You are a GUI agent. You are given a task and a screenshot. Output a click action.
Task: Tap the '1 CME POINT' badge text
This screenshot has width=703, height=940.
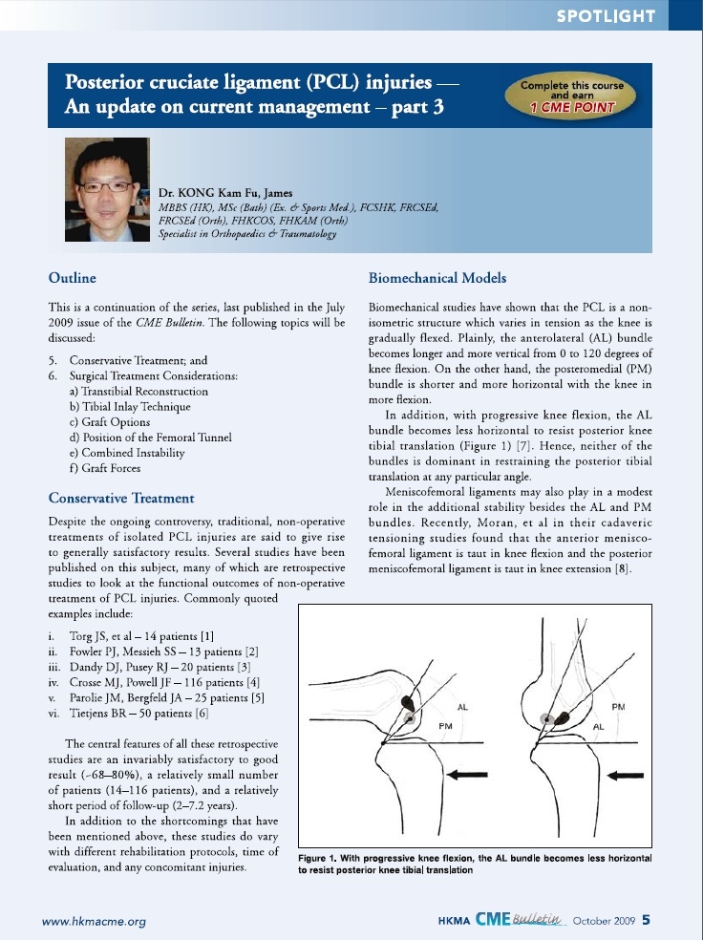(572, 108)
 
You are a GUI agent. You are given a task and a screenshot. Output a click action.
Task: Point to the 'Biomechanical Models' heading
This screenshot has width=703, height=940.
(437, 278)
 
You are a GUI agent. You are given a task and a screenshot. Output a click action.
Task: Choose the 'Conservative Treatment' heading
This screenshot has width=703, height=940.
(121, 498)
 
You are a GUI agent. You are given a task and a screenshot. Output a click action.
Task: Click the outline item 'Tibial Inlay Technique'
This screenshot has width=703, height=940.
(140, 407)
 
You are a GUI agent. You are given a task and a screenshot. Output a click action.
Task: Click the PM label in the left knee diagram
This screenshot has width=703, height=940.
(445, 728)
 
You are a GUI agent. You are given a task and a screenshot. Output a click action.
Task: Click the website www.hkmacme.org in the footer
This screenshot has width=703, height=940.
(94, 921)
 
